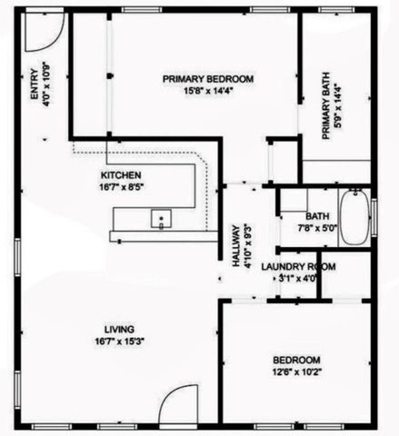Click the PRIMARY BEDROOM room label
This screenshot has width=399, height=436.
[208, 79]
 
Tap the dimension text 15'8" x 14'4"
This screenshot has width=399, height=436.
[208, 91]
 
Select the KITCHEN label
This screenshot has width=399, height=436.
[121, 173]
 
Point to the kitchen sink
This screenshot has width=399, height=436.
[162, 218]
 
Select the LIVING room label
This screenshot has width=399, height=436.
[120, 328]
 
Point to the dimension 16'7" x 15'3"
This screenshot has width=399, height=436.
[120, 341]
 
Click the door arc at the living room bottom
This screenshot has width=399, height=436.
[177, 406]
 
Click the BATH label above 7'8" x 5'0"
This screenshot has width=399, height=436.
[317, 216]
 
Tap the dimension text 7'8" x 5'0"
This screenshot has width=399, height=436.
[317, 228]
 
